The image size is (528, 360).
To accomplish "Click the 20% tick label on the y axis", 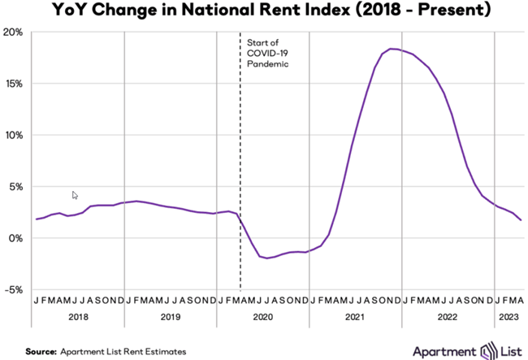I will point(15,33).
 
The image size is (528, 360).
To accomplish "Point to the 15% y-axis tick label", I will point(15,84).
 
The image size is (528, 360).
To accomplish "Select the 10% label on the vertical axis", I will point(15,135).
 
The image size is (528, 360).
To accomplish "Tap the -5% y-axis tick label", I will point(15,289).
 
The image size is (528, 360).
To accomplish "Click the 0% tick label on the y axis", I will point(17,238).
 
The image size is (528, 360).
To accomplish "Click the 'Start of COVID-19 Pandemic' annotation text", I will point(268,52).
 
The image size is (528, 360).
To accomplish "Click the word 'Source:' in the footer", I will point(40,351).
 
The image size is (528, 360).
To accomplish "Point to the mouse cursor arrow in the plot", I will point(76,195).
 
